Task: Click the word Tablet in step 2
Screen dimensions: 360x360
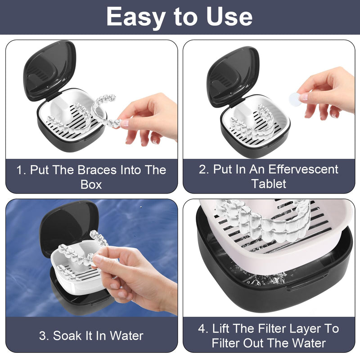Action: (x=269, y=184)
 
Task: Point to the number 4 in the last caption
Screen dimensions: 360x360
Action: (x=202, y=328)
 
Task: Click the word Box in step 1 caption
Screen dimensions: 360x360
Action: (x=91, y=184)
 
